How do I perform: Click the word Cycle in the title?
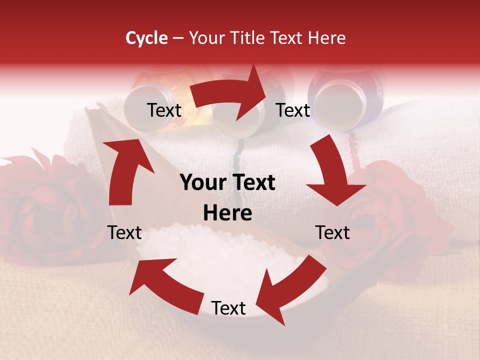[146, 38]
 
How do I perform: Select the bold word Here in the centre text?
[227, 213]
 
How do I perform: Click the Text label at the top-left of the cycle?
[164, 110]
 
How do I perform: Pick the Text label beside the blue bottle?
[293, 110]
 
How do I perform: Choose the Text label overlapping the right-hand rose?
[332, 232]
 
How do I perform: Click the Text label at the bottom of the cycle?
[228, 308]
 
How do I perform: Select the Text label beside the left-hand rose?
[124, 232]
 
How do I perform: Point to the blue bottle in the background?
[345, 97]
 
